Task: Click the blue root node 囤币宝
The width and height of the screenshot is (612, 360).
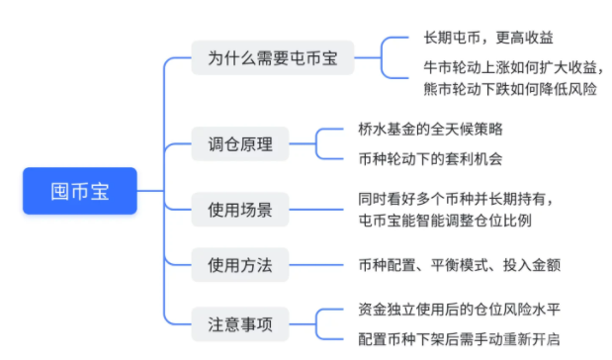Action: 80,192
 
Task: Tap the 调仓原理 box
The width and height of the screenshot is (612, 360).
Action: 240,144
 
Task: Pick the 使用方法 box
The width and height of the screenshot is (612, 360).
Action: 240,264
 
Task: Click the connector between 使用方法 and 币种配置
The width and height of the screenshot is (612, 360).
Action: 314,265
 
